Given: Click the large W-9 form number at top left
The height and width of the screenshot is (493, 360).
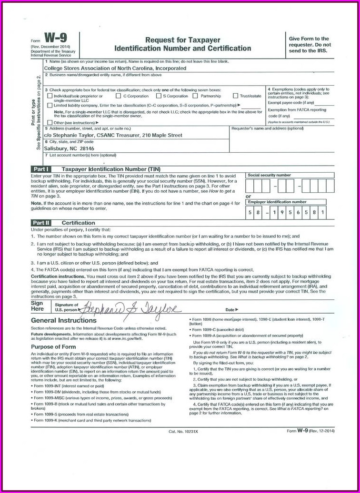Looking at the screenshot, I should [55, 39].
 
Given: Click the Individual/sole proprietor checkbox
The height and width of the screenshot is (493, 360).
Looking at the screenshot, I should [50, 96].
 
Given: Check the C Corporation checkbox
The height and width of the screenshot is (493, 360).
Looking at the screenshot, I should [119, 96].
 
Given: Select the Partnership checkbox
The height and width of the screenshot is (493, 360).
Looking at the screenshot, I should [197, 96].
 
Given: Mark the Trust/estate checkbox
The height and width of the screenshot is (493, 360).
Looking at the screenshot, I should [235, 96].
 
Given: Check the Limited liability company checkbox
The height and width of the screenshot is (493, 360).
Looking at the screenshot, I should [50, 105].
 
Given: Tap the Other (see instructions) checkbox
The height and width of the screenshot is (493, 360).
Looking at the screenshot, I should [50, 122].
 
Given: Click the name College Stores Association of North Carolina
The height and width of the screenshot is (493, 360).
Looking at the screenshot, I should [115, 68].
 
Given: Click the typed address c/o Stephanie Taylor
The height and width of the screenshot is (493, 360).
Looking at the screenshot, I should [113, 135].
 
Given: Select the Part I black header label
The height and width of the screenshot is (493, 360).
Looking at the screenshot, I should [40, 169].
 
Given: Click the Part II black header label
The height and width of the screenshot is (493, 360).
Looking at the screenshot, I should [41, 223].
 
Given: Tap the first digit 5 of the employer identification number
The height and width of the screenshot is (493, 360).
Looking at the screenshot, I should [250, 212].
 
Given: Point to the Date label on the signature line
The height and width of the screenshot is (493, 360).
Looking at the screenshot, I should [231, 309].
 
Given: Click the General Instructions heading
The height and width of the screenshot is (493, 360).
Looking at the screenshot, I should [64, 321].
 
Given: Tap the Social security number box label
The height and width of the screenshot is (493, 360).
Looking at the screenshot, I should [269, 175].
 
